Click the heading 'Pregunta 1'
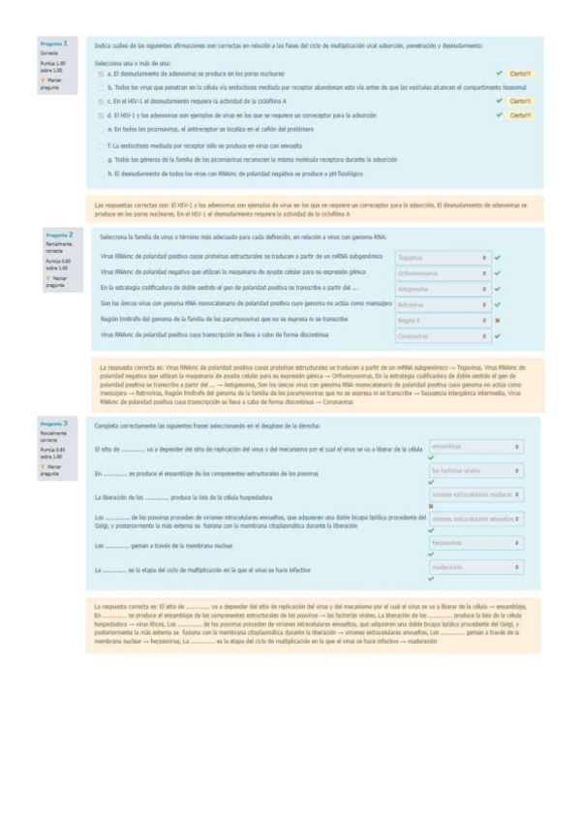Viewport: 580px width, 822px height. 53,44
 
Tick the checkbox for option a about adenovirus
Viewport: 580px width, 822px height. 101,74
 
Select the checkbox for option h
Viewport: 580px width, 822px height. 101,174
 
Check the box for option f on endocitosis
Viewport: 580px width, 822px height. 101,145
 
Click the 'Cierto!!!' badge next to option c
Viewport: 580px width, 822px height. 520,101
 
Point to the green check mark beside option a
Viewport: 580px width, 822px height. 499,74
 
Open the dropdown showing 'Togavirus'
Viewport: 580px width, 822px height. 443,258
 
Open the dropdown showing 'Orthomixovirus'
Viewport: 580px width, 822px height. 443,273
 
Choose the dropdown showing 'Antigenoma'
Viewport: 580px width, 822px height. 443,289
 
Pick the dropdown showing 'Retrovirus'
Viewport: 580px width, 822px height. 443,304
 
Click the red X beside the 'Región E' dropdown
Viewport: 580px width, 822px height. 497,320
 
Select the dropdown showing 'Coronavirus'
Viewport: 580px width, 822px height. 443,335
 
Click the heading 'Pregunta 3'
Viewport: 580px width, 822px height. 53,424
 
